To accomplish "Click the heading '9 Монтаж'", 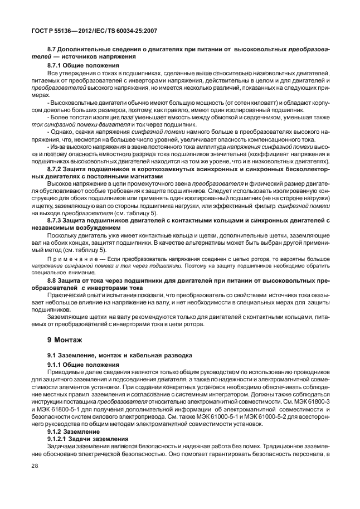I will (66, 339).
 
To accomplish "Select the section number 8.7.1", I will (56, 65).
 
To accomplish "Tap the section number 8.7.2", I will (56, 168).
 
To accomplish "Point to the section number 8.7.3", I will (56, 221).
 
